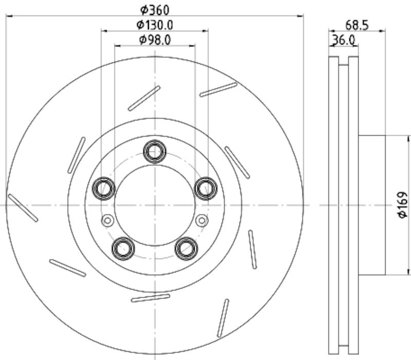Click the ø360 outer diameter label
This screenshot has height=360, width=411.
tap(154, 9)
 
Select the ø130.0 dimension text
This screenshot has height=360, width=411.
tap(154, 24)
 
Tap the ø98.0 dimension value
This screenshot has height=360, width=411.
tap(154, 39)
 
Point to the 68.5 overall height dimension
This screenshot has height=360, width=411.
tap(356, 25)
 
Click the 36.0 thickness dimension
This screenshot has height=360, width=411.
tap(344, 40)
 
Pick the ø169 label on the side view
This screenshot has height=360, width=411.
tap(402, 205)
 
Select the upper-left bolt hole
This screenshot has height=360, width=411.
tap(103, 188)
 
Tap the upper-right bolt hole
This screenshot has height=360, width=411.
tap(206, 188)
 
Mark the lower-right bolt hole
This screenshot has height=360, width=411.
tap(185, 248)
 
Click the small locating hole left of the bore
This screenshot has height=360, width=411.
tap(107, 221)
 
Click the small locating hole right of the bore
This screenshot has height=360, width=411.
tap(201, 221)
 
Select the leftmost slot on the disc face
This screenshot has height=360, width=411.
tap(23, 208)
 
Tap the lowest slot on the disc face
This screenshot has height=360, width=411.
tap(222, 318)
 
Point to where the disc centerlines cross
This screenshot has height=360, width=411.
tap(154, 205)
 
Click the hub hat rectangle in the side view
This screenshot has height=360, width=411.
tap(371, 205)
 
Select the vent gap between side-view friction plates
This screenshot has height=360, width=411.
tap(343, 206)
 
